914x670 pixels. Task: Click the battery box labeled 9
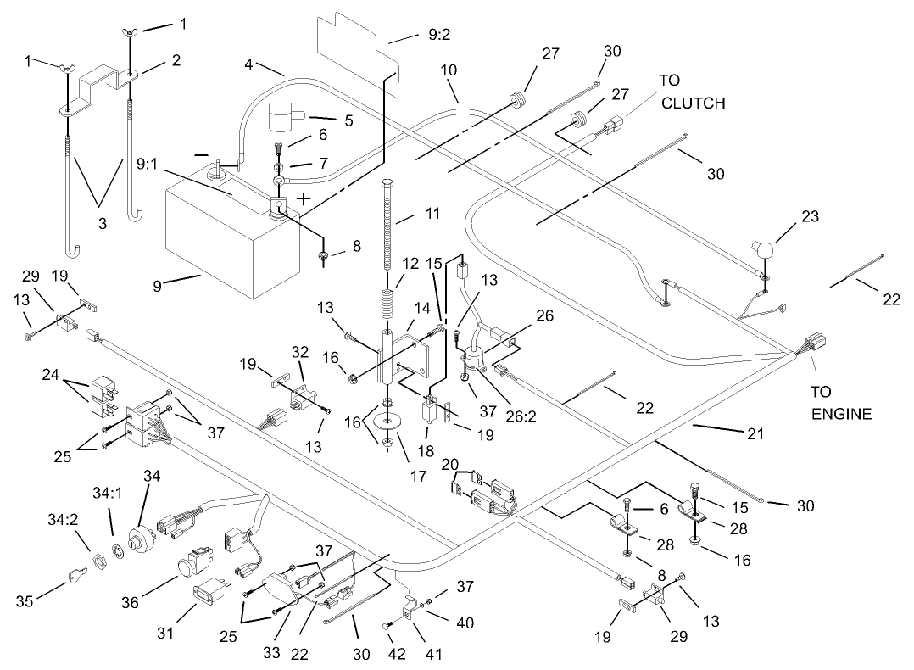(x=229, y=242)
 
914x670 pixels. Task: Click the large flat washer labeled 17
(x=387, y=422)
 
